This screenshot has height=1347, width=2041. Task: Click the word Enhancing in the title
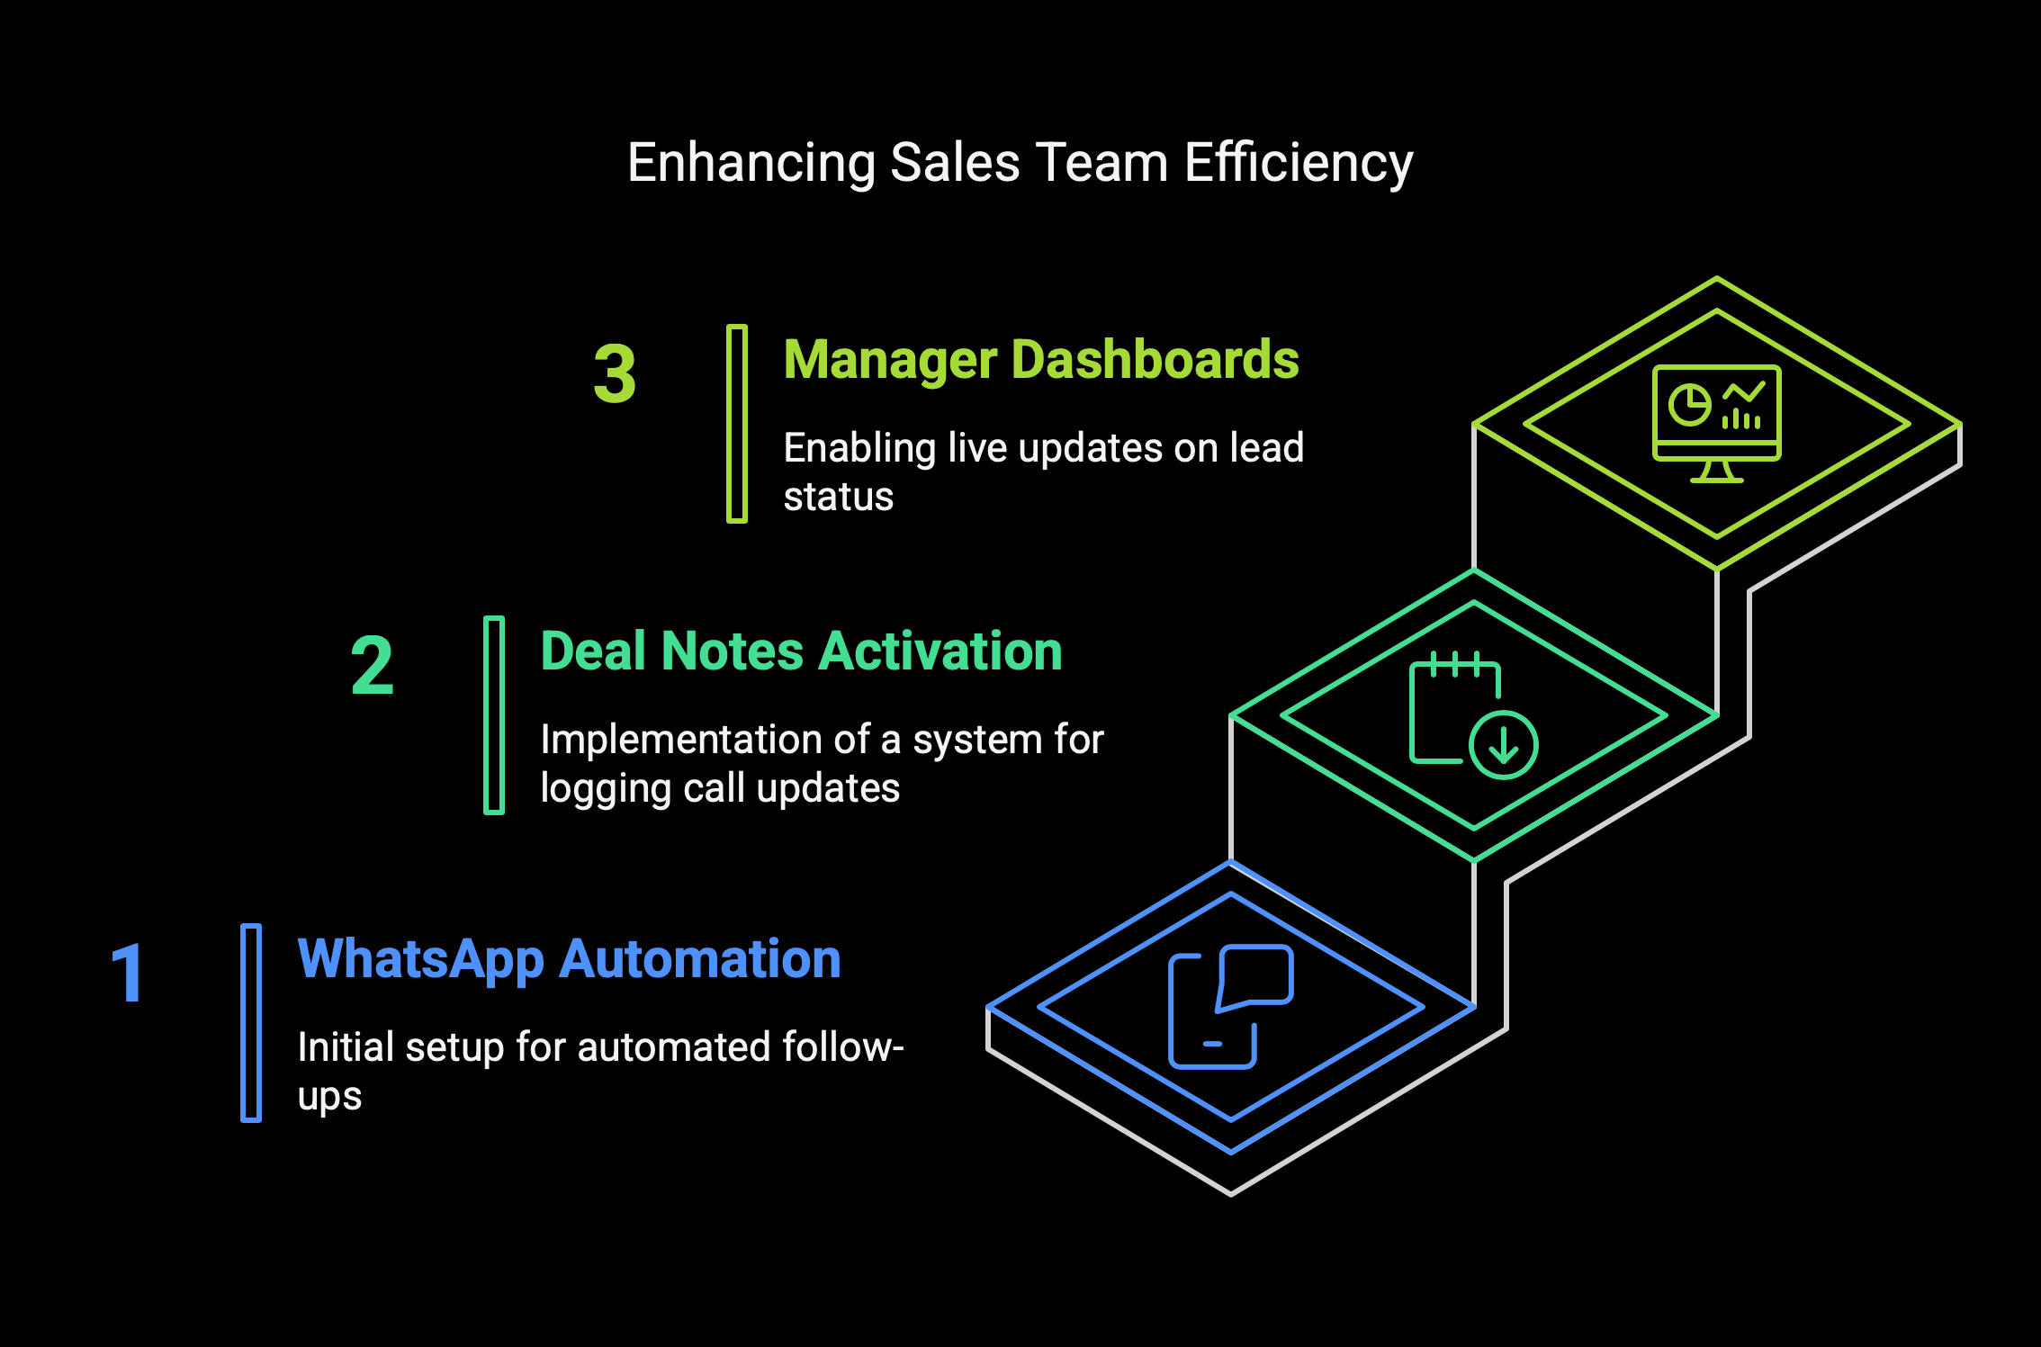coord(751,165)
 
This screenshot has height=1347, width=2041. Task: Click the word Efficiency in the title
coord(1299,165)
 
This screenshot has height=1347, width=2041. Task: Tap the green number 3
coord(615,373)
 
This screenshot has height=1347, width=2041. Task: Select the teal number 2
coord(372,665)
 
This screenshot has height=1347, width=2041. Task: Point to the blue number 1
coord(128,973)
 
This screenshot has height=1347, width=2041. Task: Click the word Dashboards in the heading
coord(1155,360)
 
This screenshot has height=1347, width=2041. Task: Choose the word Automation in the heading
coord(700,959)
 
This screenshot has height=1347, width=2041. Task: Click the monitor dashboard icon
coord(1717,424)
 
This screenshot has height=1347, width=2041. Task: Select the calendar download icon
coord(1473,714)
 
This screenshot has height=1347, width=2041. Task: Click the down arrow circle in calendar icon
coord(1504,744)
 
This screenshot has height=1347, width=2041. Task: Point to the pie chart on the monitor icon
coord(1689,405)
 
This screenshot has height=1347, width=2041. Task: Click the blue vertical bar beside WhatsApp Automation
coord(251,1023)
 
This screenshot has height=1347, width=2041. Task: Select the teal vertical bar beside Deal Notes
coord(494,715)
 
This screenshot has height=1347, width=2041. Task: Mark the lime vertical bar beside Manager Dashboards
coord(737,424)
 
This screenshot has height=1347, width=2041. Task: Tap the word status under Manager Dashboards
coord(839,498)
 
